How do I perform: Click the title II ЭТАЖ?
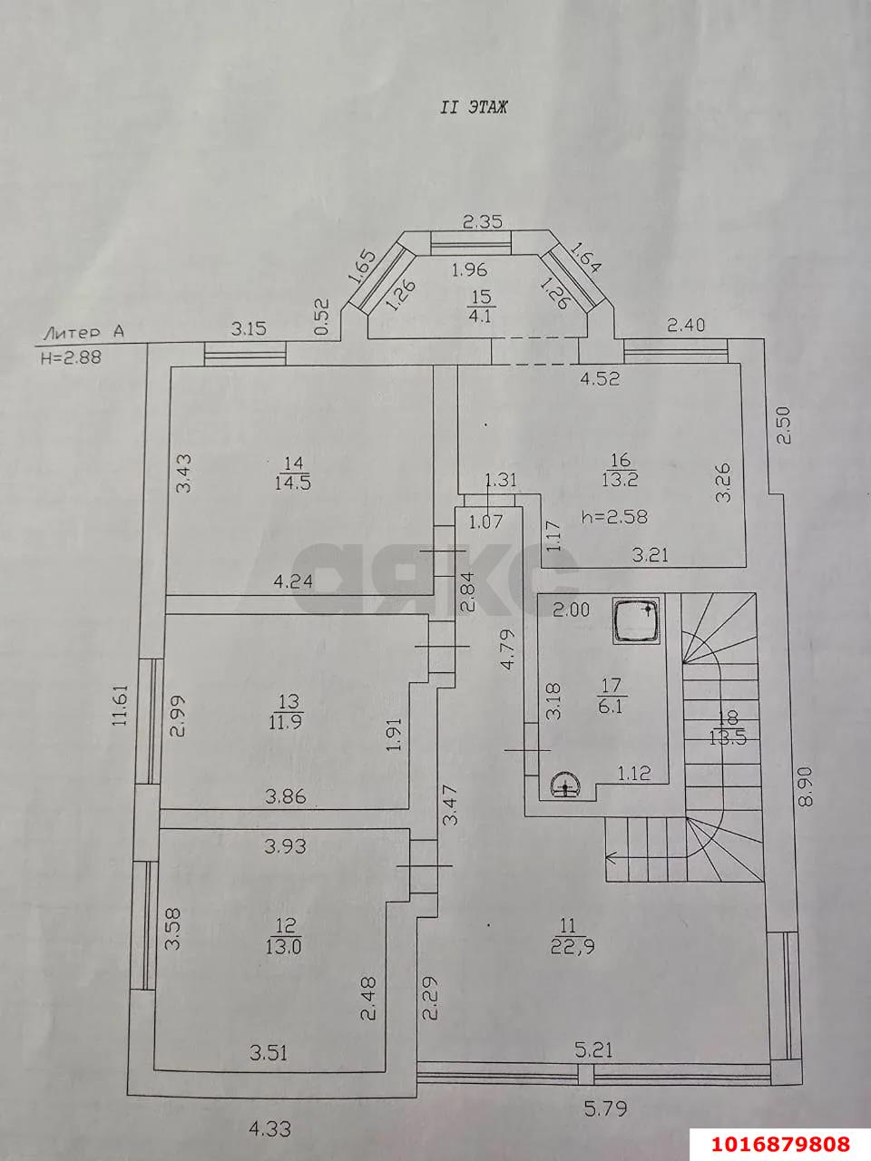pos(474,107)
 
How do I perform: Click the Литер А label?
pos(81,333)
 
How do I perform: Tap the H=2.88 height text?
pos(71,357)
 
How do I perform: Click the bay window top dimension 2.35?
pos(483,221)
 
